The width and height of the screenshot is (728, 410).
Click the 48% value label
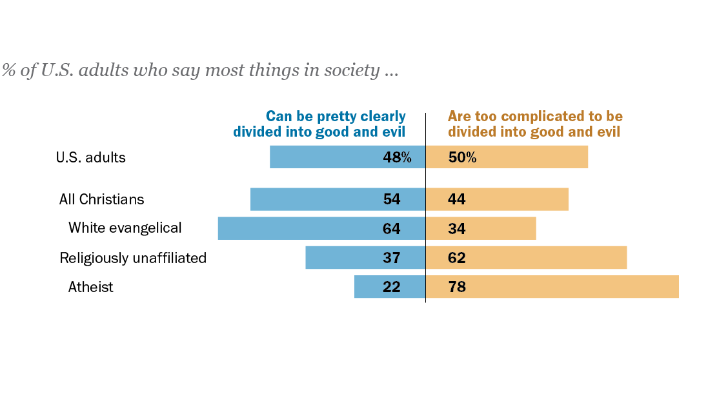(397, 157)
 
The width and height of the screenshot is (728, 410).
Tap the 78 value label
(457, 287)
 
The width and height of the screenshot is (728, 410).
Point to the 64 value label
(392, 229)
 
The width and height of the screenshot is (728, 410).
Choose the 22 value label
(392, 287)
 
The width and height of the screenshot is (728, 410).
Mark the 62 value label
(457, 258)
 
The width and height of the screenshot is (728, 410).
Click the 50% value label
(462, 157)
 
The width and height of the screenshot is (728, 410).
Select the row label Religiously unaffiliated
(133, 258)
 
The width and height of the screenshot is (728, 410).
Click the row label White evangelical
(125, 228)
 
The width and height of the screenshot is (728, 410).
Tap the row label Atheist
(91, 287)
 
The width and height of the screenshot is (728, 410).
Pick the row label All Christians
(102, 199)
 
